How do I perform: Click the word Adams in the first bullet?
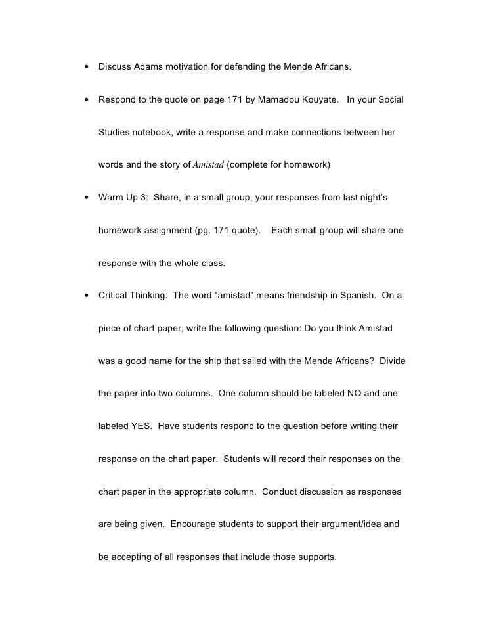(x=149, y=67)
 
